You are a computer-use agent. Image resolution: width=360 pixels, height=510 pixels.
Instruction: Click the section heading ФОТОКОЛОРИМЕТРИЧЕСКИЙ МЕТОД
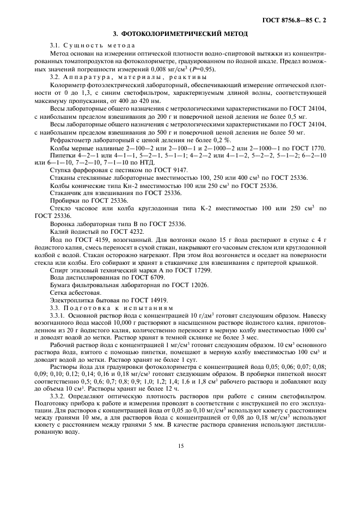click(180, 34)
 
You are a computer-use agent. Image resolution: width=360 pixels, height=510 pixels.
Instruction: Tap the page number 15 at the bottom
click(180, 446)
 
